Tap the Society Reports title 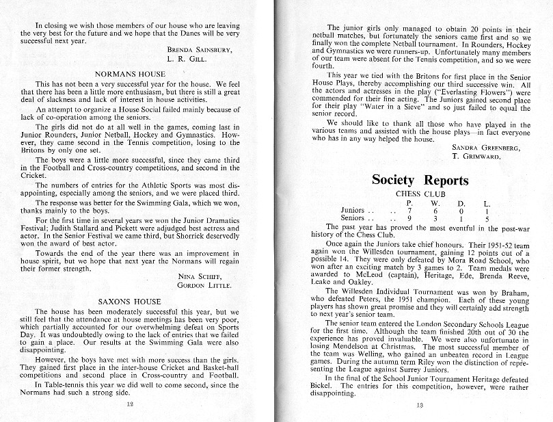(420, 181)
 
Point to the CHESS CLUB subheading (418, 194)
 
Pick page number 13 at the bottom (420, 405)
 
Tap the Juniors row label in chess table (353, 211)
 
